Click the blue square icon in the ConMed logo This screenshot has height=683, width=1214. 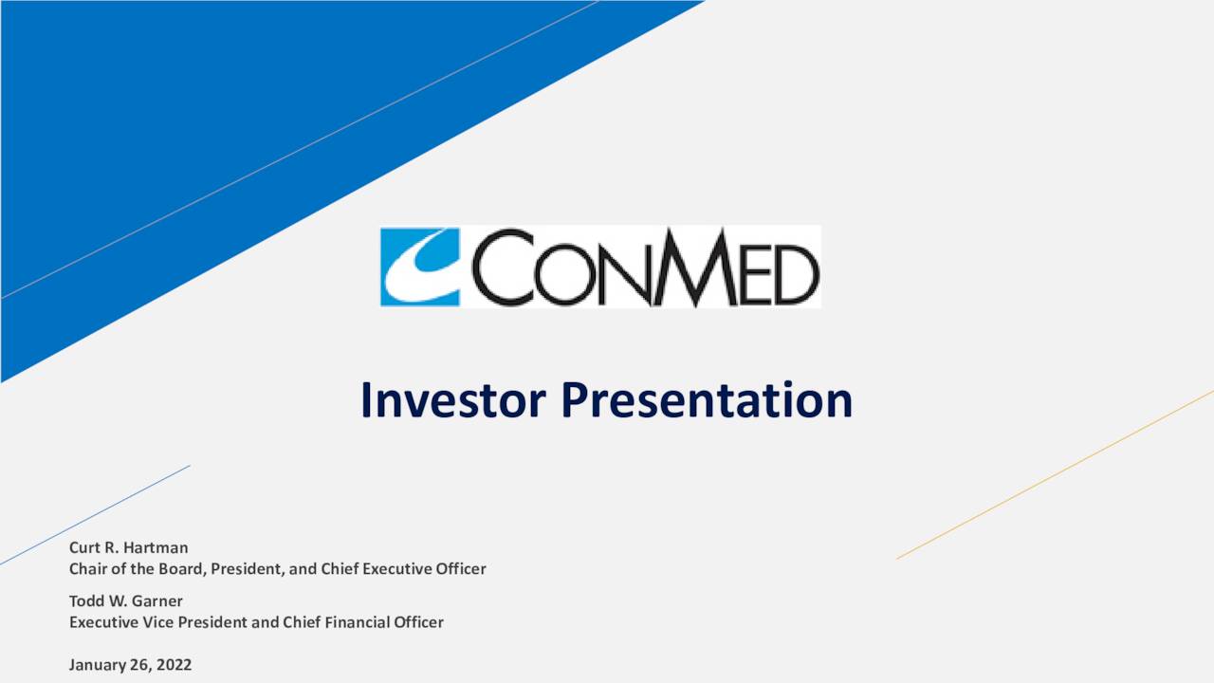point(420,267)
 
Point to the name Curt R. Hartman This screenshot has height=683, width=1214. point(128,547)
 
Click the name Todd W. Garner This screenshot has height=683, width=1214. point(125,600)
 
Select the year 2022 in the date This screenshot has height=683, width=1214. point(175,665)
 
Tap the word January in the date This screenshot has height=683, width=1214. point(98,665)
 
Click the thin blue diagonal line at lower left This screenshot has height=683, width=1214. point(95,515)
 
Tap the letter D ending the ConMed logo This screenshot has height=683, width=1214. point(796,274)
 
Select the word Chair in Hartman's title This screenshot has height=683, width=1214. point(88,569)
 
